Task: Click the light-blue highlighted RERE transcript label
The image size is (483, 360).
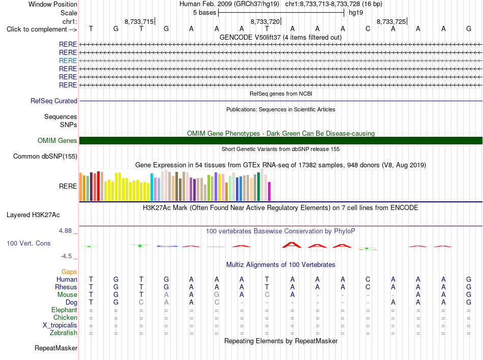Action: click(68, 61)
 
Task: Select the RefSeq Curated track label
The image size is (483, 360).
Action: click(54, 101)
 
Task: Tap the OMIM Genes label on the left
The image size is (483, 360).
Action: click(57, 141)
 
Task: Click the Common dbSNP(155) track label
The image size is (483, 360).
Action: click(45, 157)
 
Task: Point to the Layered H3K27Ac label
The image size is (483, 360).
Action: click(33, 215)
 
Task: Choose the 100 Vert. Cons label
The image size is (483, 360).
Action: click(28, 243)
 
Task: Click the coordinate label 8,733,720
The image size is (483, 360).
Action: click(265, 21)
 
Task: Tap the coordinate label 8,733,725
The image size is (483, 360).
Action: click(391, 21)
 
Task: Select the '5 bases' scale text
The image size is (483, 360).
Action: click(204, 13)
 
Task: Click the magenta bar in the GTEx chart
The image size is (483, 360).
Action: click(269, 192)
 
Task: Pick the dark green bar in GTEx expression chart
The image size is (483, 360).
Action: click(259, 187)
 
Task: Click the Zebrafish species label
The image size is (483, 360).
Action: click(64, 333)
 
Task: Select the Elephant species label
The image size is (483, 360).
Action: click(65, 310)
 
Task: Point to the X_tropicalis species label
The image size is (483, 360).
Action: click(60, 325)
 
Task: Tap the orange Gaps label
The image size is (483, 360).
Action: click(69, 272)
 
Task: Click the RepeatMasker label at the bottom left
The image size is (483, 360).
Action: click(56, 348)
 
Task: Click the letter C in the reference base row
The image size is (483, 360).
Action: click(368, 29)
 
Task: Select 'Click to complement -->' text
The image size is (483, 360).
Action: click(42, 29)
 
